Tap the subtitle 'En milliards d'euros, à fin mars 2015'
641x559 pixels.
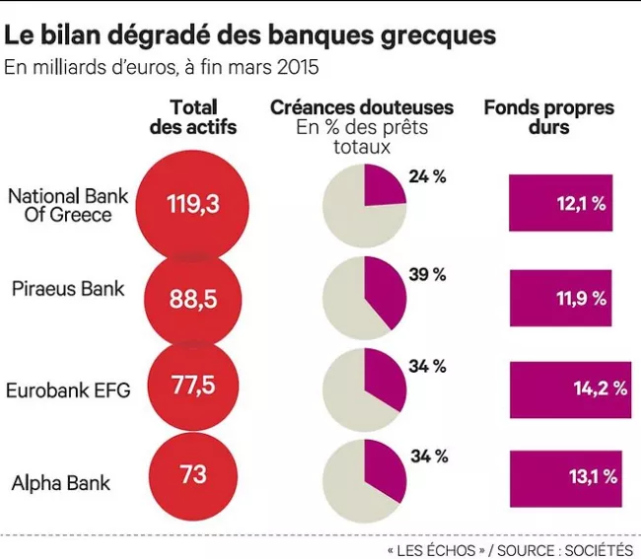[x=162, y=68]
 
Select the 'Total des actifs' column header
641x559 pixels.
[x=193, y=117]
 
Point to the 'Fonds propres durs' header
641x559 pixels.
[x=548, y=117]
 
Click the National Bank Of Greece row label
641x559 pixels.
[x=68, y=204]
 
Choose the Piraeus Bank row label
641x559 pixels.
[x=68, y=289]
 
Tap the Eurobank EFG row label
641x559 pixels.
[x=68, y=389]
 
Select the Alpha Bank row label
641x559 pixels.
[x=61, y=483]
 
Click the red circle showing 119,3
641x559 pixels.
[x=192, y=205]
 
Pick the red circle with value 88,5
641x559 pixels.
[x=192, y=299]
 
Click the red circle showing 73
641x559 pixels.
[x=193, y=474]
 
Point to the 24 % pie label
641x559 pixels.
[x=427, y=176]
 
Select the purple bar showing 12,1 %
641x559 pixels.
[x=560, y=203]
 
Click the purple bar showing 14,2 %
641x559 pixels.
[x=569, y=388]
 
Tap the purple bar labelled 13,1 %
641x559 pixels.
[x=565, y=477]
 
